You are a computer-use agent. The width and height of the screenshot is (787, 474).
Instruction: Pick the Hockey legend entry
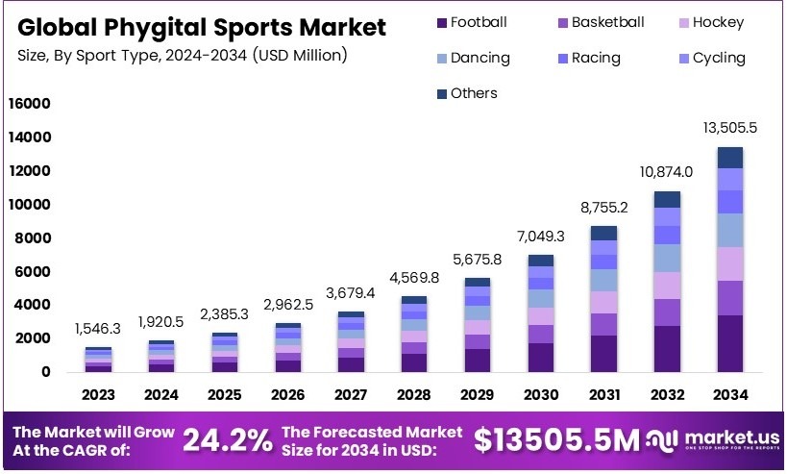(717, 22)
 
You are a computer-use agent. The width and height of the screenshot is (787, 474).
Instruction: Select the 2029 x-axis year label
(479, 394)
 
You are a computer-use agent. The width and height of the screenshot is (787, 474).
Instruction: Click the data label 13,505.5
(729, 128)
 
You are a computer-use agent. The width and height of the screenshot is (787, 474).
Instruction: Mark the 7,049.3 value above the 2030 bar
(541, 237)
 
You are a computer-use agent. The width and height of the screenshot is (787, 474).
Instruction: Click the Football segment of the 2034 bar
(729, 343)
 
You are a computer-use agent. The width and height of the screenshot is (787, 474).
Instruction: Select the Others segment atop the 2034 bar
(729, 158)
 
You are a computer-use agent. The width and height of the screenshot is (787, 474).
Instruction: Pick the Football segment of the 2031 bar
(603, 353)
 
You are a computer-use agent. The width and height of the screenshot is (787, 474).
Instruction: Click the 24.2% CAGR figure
(228, 440)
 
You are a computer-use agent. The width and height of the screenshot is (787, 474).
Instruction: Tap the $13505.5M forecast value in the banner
(556, 440)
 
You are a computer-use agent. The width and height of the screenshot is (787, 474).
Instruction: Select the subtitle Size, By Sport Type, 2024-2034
(182, 56)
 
